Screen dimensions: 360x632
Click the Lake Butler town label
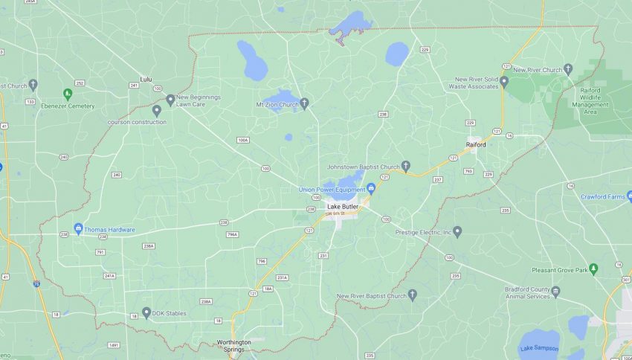(x=343, y=206)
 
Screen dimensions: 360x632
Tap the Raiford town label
(x=476, y=145)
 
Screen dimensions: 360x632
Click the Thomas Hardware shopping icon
(x=78, y=229)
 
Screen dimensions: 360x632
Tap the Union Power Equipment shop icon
(x=371, y=188)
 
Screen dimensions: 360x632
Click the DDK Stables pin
(x=146, y=313)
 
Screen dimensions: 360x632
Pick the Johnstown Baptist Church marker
(x=405, y=165)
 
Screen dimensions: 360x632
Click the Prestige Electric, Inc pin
(x=457, y=232)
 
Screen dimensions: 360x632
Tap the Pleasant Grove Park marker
(x=593, y=269)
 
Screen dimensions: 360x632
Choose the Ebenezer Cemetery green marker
(x=68, y=94)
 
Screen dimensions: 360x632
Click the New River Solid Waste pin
(x=503, y=81)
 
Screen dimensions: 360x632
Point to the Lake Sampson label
(x=538, y=348)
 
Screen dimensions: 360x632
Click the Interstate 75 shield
(x=36, y=283)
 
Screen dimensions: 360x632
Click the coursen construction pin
(x=157, y=110)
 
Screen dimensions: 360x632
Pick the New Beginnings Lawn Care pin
(x=170, y=98)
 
